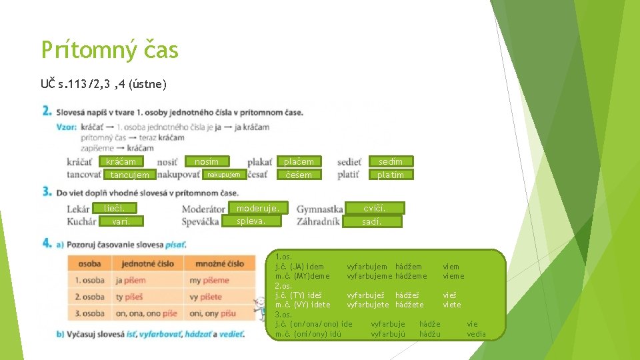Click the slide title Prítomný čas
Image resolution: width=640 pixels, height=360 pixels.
click(x=109, y=50)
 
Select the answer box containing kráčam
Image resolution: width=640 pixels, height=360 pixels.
click(x=121, y=161)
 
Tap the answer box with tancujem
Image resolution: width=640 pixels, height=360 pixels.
click(x=131, y=175)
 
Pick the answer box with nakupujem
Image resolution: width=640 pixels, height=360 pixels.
click(x=223, y=175)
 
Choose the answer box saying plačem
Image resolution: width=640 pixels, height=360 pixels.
click(x=299, y=161)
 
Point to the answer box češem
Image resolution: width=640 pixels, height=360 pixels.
click(x=299, y=175)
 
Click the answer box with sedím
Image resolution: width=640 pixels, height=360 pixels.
click(x=391, y=161)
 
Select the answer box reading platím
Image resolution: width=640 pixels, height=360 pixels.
click(x=391, y=175)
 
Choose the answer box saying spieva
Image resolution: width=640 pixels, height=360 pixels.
click(x=251, y=221)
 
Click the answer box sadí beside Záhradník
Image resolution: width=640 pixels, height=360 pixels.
click(x=372, y=221)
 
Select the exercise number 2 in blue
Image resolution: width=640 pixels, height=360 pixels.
click(x=47, y=111)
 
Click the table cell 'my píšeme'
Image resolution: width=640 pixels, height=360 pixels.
click(x=209, y=280)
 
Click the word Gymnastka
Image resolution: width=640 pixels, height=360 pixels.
click(x=320, y=209)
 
